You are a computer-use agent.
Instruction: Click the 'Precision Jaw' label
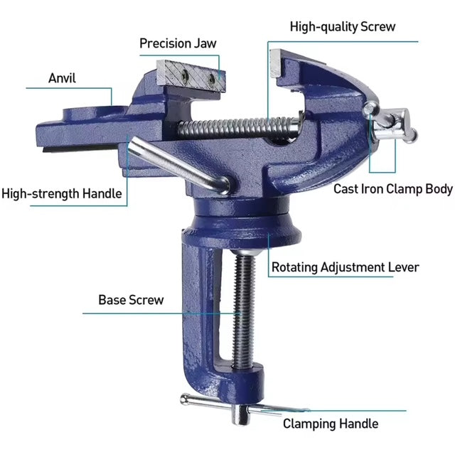178,43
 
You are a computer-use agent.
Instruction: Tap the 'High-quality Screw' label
342,27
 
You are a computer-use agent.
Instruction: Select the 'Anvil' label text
62,77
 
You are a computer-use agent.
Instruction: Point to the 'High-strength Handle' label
62,193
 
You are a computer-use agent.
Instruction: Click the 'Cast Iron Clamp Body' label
392,189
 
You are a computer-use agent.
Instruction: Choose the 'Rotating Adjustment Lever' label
345,267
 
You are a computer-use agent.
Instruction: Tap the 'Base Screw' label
131,300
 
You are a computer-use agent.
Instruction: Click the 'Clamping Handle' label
331,424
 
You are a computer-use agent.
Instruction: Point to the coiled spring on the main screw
227,128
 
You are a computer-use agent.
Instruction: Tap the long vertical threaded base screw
244,313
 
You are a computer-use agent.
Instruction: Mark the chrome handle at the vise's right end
391,126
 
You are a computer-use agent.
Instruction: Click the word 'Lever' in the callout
402,267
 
